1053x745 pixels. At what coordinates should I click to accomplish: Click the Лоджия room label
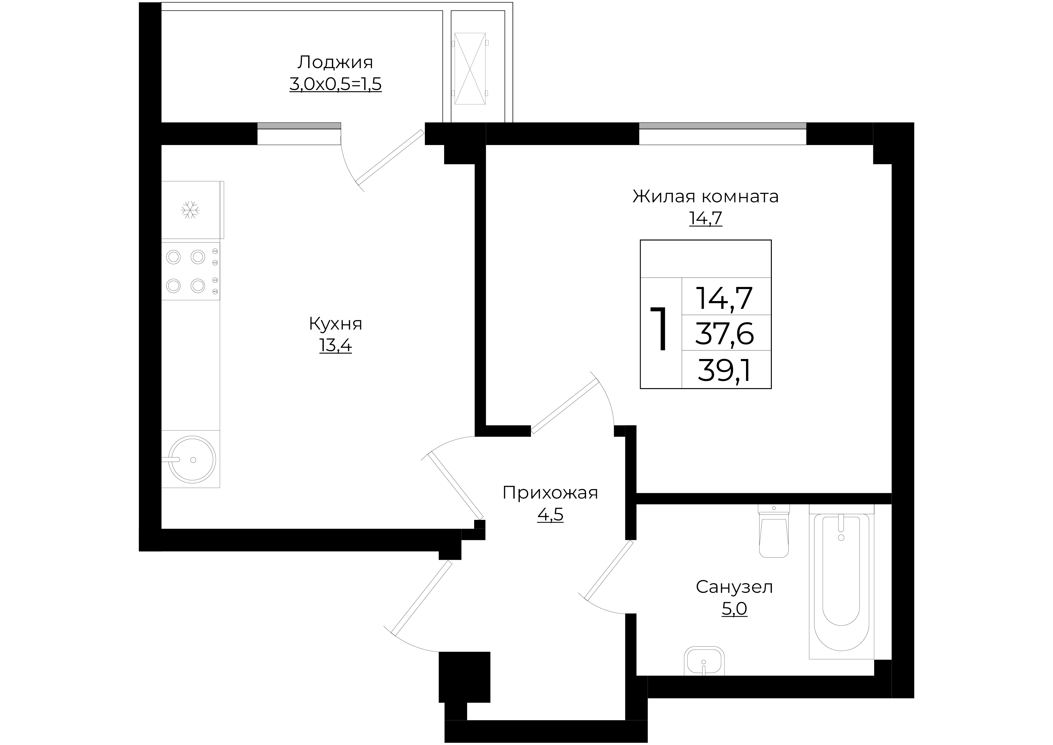pyautogui.click(x=335, y=62)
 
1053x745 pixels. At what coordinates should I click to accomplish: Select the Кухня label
pyautogui.click(x=335, y=324)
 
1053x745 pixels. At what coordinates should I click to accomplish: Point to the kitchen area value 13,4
pyautogui.click(x=335, y=345)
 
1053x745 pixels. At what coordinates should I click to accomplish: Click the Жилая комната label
pyautogui.click(x=706, y=196)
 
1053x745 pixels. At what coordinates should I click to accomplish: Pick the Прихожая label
pyautogui.click(x=550, y=493)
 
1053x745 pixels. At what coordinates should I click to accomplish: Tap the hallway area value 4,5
pyautogui.click(x=550, y=515)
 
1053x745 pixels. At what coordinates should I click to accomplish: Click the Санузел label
pyautogui.click(x=734, y=587)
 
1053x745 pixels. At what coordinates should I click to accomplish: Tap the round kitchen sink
pyautogui.click(x=192, y=459)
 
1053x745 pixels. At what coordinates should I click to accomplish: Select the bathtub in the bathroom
pyautogui.click(x=841, y=582)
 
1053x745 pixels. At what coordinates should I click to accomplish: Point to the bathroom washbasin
pyautogui.click(x=704, y=661)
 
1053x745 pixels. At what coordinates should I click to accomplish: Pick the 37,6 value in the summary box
pyautogui.click(x=725, y=333)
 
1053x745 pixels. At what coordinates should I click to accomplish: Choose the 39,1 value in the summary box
pyautogui.click(x=725, y=370)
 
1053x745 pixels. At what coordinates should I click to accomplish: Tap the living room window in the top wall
pyautogui.click(x=722, y=133)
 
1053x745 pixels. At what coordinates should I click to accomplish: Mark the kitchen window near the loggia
pyautogui.click(x=299, y=133)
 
